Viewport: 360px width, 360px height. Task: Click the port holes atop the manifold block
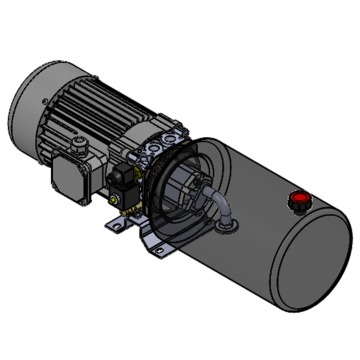(160, 146)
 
